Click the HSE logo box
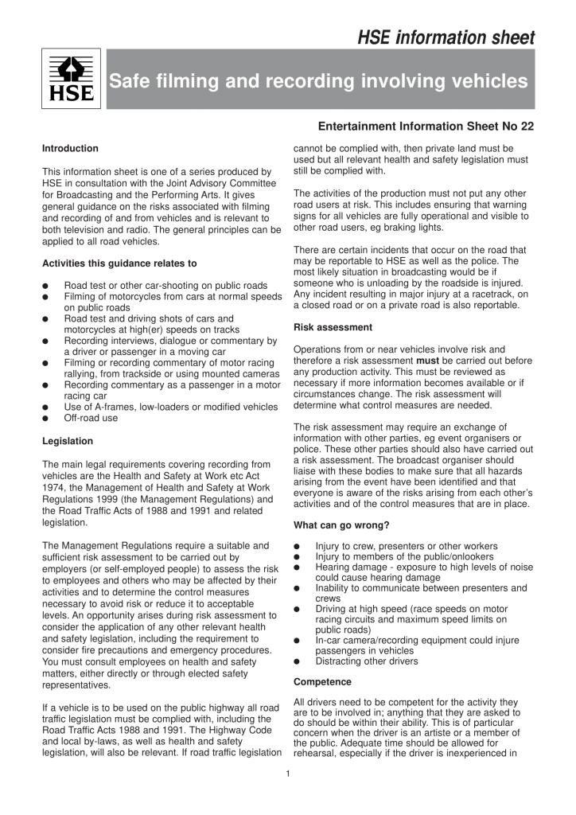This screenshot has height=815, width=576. coord(71,79)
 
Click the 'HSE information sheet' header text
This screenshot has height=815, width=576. coord(446,37)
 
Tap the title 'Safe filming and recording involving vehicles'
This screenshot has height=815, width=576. coord(318,81)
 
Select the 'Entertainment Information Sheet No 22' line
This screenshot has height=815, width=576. coord(426,127)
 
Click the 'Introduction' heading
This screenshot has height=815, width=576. coord(70,148)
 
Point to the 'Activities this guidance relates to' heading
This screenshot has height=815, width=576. coord(119,263)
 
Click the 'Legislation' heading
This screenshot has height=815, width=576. coord(68,441)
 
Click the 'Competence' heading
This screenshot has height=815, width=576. coord(321,682)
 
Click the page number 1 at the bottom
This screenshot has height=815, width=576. coord(288,772)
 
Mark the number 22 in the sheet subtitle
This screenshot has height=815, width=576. coord(525,127)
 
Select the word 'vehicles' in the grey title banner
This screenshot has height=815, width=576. coord(493,81)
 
